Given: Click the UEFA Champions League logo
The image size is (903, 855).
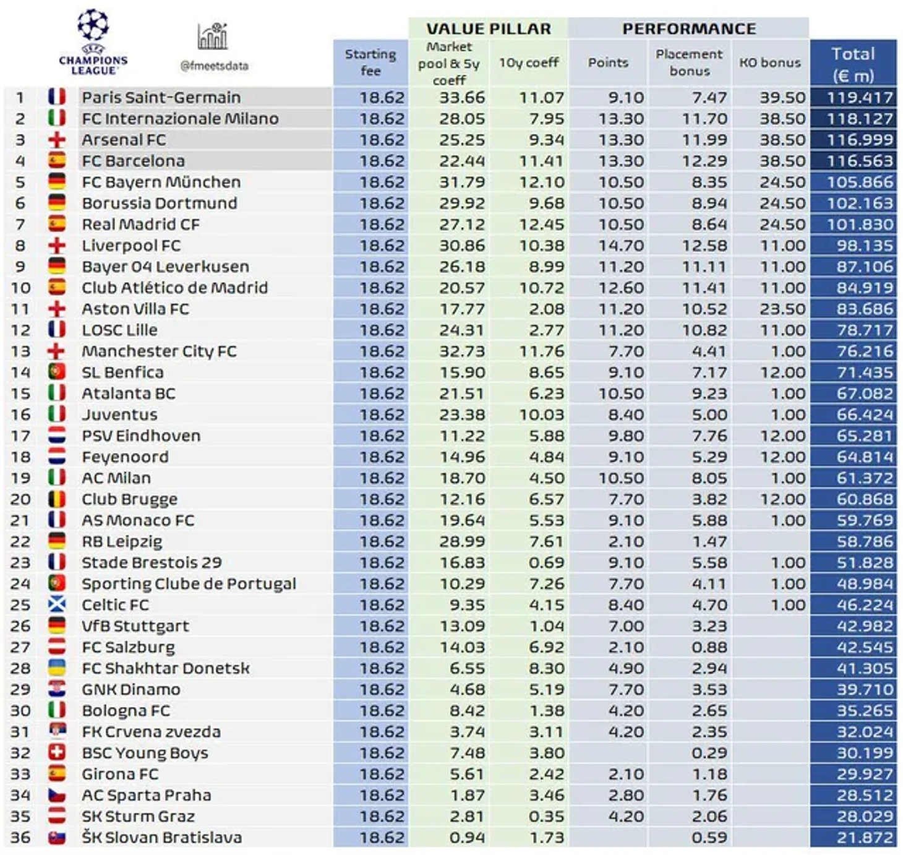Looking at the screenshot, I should [93, 42].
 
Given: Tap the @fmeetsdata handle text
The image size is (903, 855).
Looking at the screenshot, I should [214, 66].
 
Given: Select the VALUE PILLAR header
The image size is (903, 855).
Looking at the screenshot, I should [488, 29].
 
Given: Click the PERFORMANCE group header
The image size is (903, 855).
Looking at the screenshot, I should [688, 29].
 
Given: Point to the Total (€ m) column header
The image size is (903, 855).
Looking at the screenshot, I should [853, 64].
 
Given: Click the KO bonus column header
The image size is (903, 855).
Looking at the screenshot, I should [769, 62].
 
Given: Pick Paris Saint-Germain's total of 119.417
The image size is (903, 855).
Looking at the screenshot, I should [860, 98].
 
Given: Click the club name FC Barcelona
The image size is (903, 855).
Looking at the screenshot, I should [133, 161].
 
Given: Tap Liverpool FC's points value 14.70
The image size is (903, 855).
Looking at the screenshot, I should [621, 246].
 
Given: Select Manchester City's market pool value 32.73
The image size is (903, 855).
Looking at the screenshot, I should [462, 351].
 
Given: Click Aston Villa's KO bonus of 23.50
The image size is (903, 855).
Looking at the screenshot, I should [782, 309].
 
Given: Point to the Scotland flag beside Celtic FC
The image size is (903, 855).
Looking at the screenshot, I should [57, 604].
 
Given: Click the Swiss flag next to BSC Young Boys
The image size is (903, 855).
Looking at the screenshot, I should [57, 752].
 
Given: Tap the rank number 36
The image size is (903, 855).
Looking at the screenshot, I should [20, 837].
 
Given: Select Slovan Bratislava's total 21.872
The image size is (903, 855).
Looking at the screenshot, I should [865, 838].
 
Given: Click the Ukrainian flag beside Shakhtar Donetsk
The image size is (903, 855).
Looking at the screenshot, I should [57, 668].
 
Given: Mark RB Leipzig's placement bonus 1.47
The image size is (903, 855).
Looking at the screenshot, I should [709, 541].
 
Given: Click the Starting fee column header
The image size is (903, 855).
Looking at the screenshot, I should [370, 62].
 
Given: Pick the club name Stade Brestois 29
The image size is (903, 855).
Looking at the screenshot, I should [152, 562].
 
